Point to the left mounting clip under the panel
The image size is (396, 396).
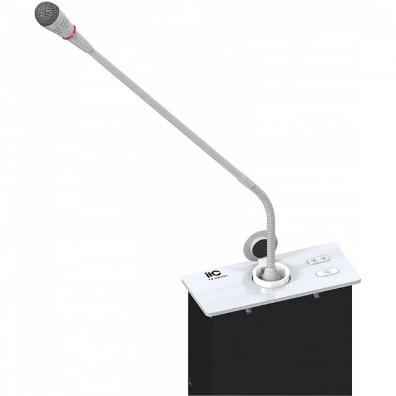point(250,313)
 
